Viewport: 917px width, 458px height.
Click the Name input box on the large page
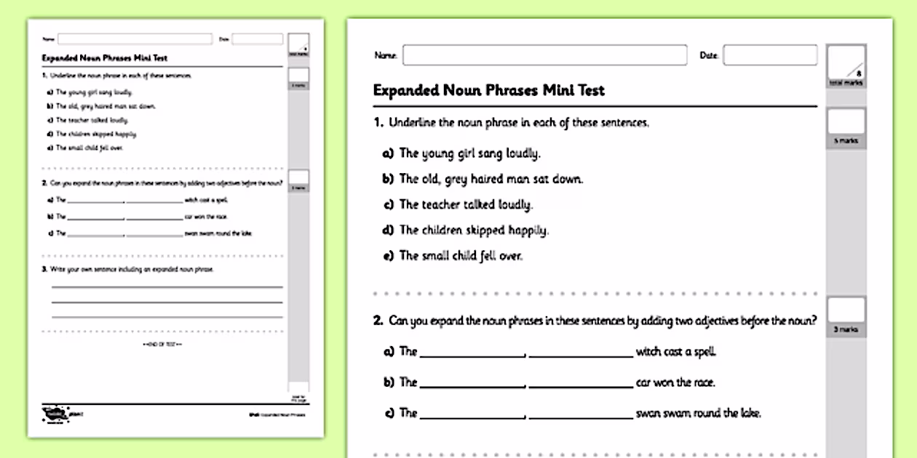coord(544,55)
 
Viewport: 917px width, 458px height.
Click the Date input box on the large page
coord(770,55)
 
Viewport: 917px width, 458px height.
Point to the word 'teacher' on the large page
coord(442,204)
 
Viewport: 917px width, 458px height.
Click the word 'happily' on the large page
coord(523,230)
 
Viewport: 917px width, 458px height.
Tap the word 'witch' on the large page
coord(648,352)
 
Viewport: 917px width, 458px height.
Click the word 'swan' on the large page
coord(648,413)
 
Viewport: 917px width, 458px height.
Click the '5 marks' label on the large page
coord(846,141)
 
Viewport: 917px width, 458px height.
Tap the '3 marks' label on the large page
coord(846,330)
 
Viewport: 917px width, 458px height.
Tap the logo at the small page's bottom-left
coord(55,414)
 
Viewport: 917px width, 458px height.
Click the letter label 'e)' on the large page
coord(388,256)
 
